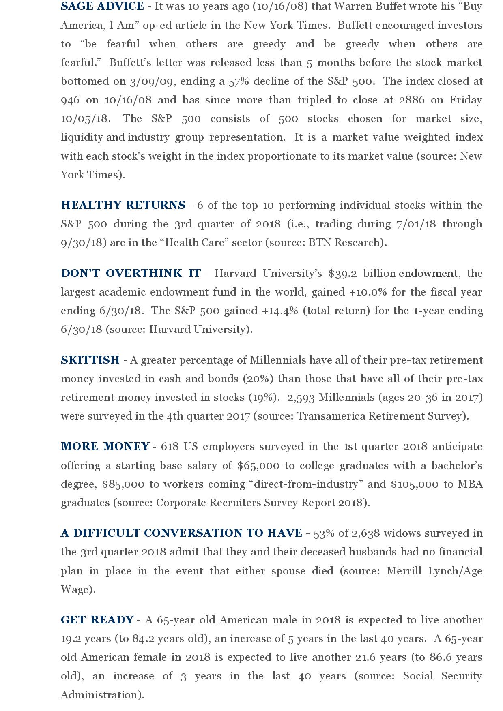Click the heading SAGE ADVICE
coord(102,6)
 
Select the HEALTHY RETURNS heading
coord(123,205)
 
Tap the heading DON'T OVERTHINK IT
coord(131,273)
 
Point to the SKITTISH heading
coord(90,360)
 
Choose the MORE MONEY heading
coord(105,446)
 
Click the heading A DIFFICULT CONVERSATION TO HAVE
coord(181,533)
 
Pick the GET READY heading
coord(97,620)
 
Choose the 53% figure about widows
coord(324,533)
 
